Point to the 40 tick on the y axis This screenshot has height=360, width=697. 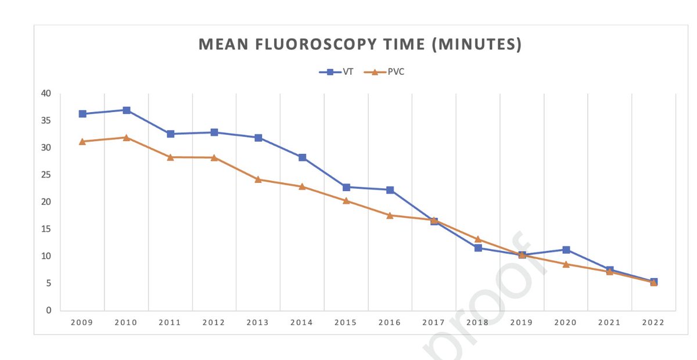pyautogui.click(x=46, y=93)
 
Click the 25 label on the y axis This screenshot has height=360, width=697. pyautogui.click(x=46, y=175)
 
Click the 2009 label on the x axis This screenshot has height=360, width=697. pyautogui.click(x=82, y=323)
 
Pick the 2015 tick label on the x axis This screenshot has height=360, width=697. pyautogui.click(x=346, y=323)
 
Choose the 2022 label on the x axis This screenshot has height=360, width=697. pyautogui.click(x=653, y=323)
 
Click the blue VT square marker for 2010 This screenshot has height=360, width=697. pyautogui.click(x=127, y=110)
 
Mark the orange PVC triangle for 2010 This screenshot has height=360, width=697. pyautogui.click(x=127, y=138)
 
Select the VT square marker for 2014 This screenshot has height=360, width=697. pyautogui.click(x=302, y=157)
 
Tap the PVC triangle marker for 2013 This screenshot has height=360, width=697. pyautogui.click(x=258, y=179)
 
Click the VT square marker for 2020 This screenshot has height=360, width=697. pyautogui.click(x=566, y=250)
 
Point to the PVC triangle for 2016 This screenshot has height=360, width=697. pyautogui.click(x=390, y=215)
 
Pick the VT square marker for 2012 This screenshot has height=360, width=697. pyautogui.click(x=214, y=132)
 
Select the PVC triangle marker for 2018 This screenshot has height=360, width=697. pyautogui.click(x=478, y=239)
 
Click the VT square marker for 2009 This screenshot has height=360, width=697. pyautogui.click(x=82, y=114)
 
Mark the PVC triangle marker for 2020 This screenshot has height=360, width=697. pyautogui.click(x=566, y=264)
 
